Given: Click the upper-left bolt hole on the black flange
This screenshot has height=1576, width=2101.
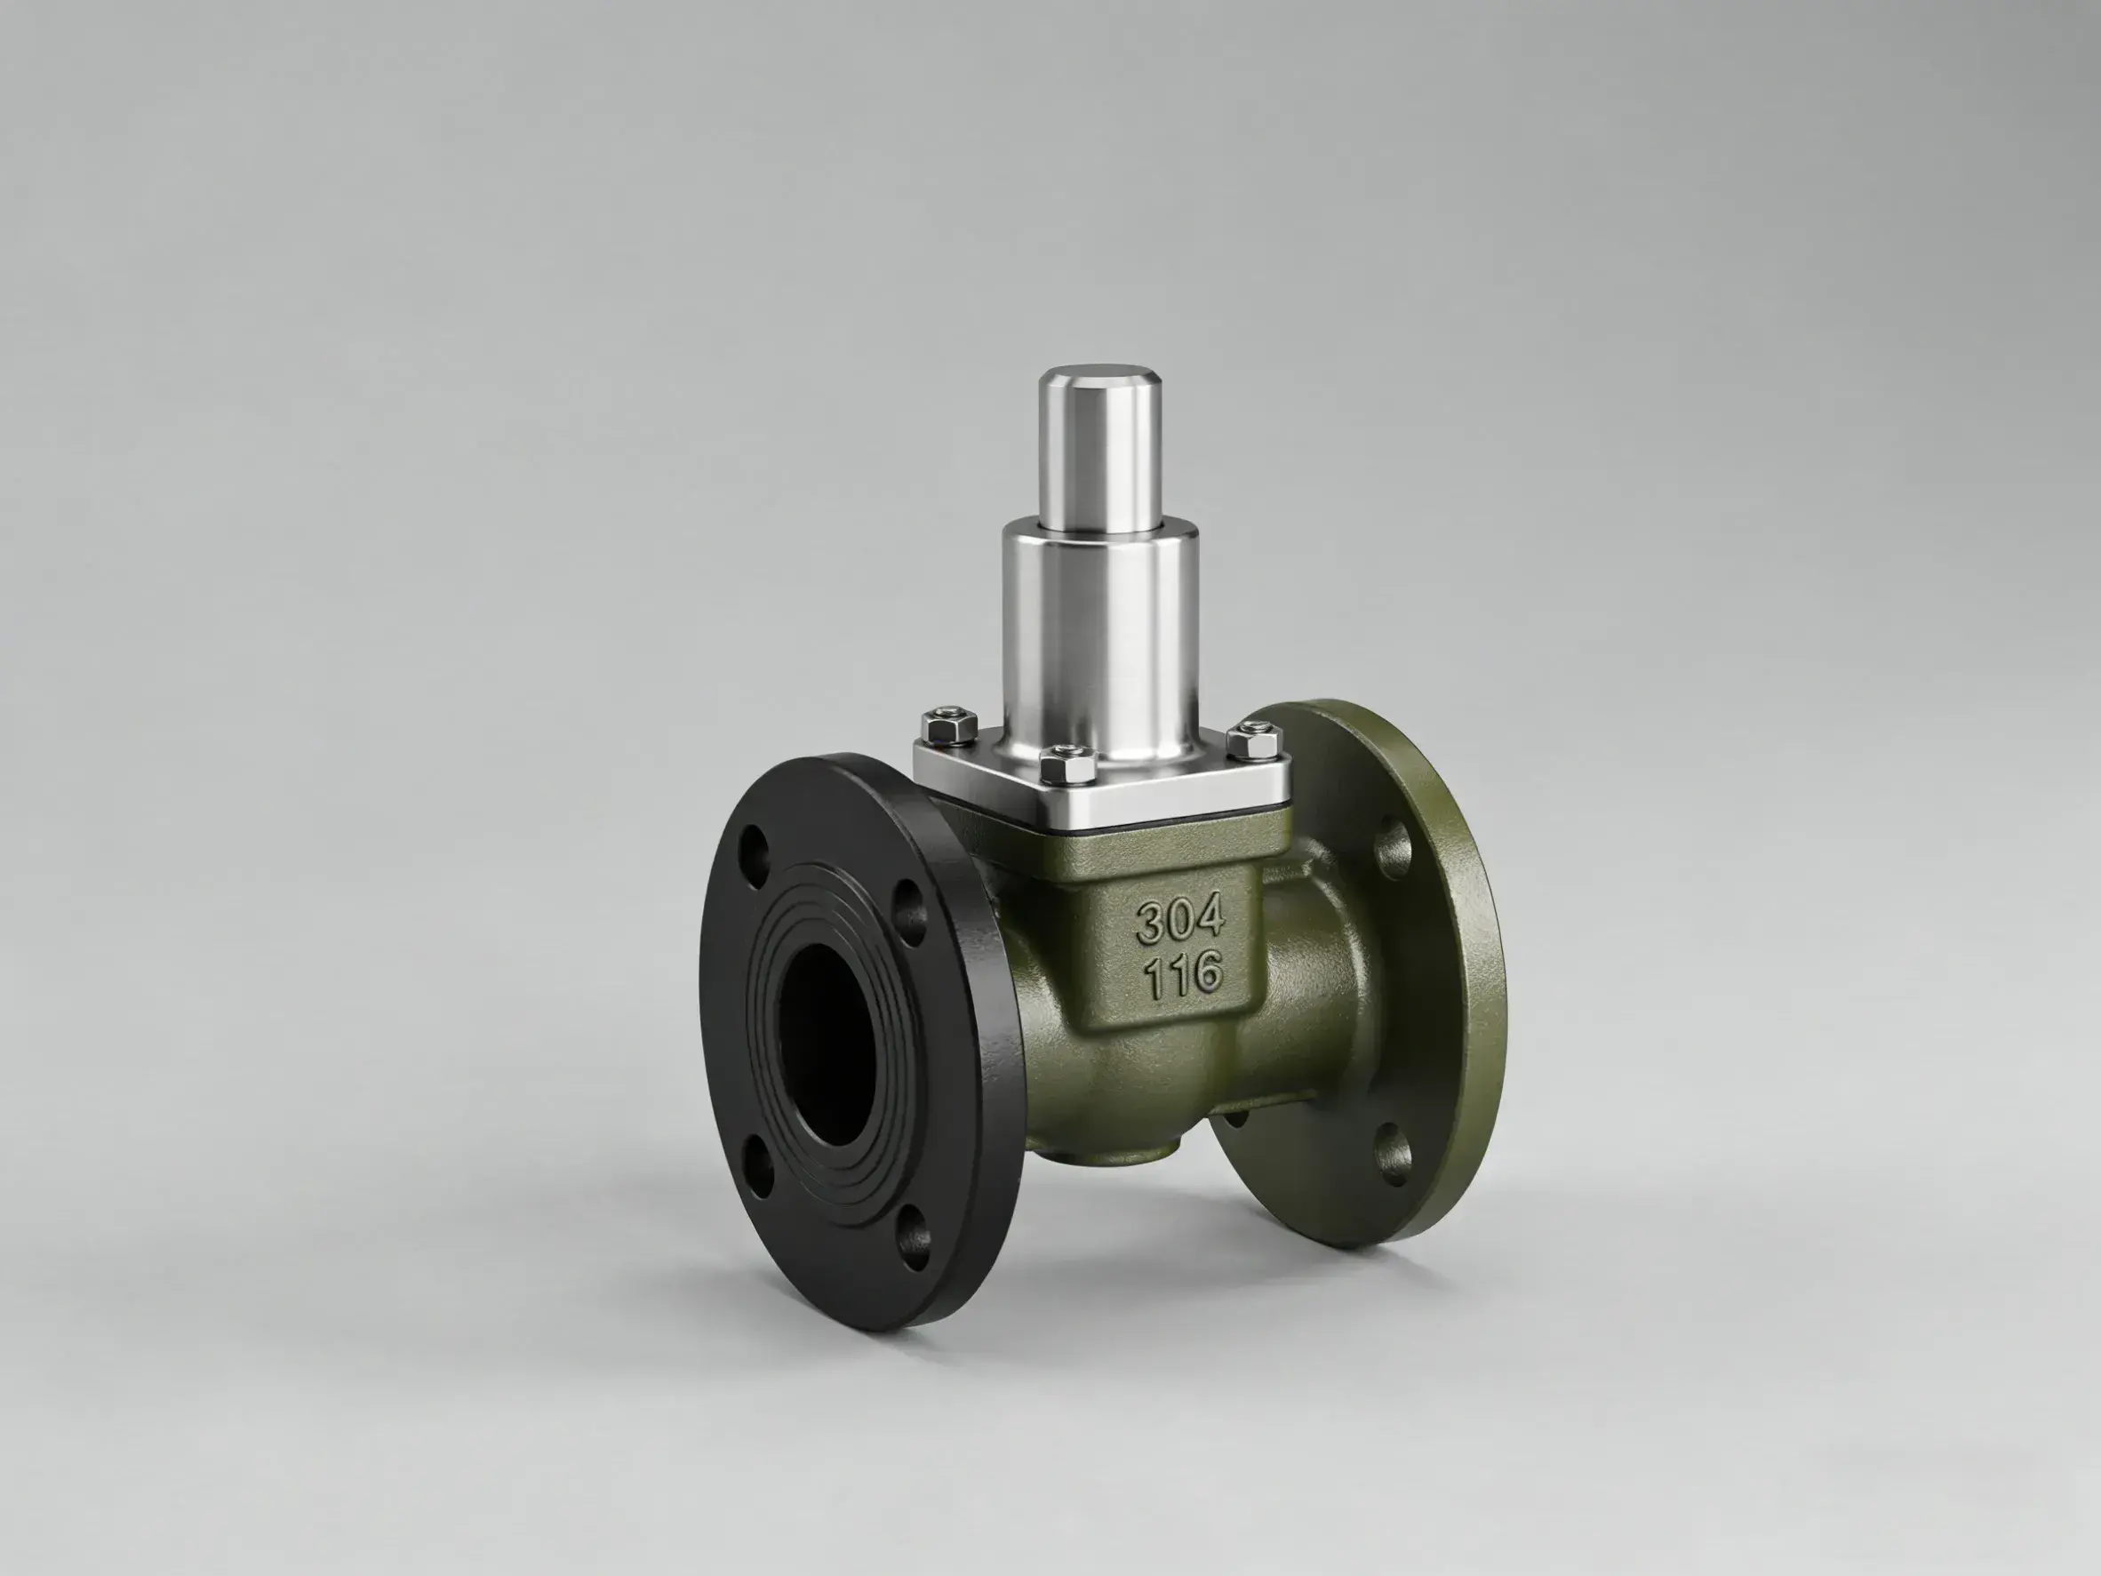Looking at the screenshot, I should point(755,844).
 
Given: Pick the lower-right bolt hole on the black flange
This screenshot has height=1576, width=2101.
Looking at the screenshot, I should point(914,1241).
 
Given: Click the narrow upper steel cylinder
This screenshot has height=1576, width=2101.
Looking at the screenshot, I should point(1100,446).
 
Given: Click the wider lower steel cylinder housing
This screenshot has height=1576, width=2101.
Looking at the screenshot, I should point(1100,636).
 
